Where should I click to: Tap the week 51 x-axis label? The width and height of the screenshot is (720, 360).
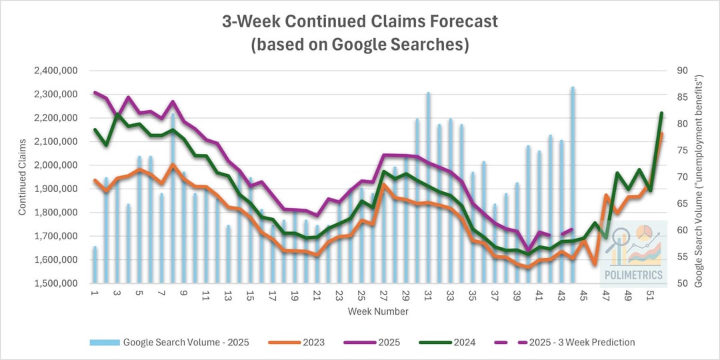(650, 294)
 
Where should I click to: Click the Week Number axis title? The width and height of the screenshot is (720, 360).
(378, 311)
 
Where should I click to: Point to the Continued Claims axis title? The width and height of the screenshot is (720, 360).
(22, 177)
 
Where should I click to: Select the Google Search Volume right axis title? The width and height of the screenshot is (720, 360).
(699, 180)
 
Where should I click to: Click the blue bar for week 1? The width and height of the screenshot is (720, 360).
(95, 267)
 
